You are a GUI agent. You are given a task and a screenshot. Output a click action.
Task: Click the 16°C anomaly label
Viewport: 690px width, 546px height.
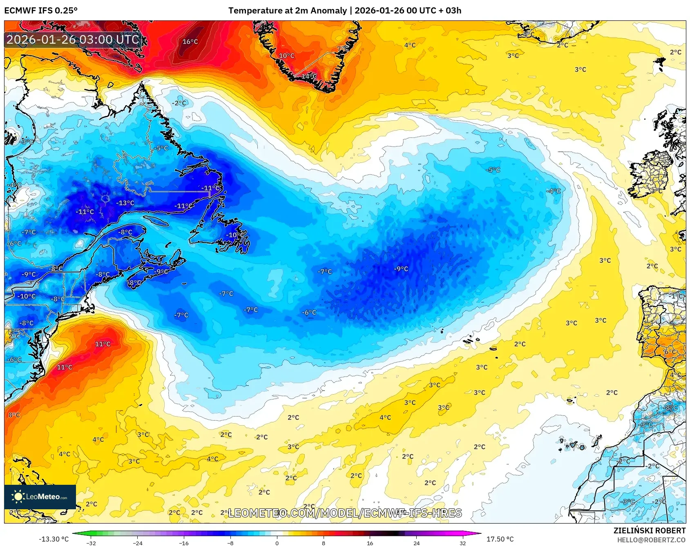tap(190, 42)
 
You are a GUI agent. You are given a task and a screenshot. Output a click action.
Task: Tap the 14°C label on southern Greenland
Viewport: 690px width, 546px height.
tap(309, 76)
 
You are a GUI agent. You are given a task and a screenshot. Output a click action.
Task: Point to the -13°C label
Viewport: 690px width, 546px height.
tap(125, 203)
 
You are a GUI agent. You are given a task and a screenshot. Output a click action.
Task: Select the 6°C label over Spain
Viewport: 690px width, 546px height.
tap(670, 352)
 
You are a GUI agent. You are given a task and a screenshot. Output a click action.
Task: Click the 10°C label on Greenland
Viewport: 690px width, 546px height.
tap(286, 56)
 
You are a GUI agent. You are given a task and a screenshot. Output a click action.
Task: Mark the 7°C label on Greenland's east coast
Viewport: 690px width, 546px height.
tap(343, 49)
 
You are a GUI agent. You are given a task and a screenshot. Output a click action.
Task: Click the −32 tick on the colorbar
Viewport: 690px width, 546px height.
tap(92, 543)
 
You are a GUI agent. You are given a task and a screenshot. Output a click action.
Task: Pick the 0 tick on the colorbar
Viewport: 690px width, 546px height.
tap(277, 543)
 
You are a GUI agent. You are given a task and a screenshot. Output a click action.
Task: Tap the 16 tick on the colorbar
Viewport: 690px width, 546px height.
tap(370, 543)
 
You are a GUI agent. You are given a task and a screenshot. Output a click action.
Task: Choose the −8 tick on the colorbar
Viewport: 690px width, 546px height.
tap(230, 543)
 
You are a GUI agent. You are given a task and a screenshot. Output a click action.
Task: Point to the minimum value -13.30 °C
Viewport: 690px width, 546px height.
tap(54, 539)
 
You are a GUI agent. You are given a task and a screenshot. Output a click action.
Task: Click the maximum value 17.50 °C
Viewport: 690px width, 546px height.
tap(500, 539)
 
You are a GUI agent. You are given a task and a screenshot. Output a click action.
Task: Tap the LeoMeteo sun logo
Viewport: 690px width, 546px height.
tap(18, 497)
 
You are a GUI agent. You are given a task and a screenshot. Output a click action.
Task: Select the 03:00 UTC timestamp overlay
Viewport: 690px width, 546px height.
tap(73, 40)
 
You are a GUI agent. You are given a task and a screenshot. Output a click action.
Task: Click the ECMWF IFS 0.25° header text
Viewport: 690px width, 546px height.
tap(41, 11)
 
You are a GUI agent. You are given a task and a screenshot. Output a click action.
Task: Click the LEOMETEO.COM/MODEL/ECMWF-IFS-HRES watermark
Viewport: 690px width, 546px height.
tap(345, 513)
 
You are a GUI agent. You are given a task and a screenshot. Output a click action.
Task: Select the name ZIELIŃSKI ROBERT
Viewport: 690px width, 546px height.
tap(650, 530)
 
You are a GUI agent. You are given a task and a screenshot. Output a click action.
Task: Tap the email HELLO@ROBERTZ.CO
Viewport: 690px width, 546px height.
tap(651, 540)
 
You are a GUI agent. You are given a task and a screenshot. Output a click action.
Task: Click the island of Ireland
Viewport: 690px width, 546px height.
tap(651, 173)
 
